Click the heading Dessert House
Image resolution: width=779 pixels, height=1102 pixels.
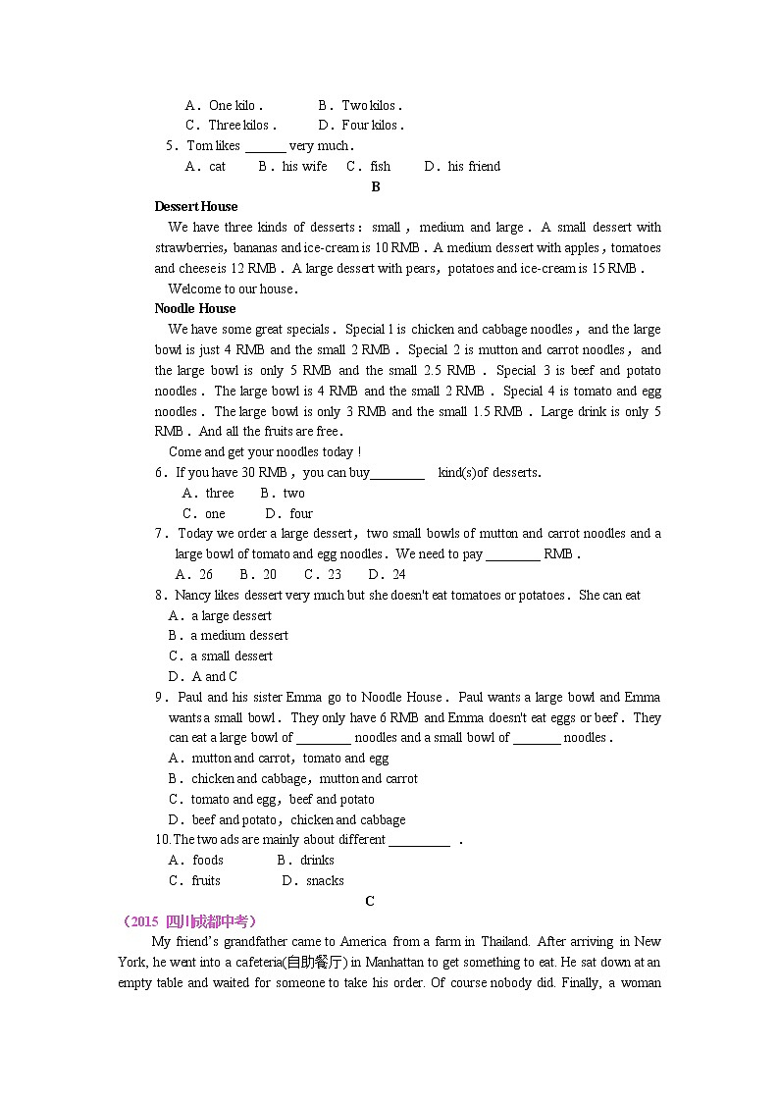[196, 206]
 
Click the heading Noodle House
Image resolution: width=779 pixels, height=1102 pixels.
[195, 308]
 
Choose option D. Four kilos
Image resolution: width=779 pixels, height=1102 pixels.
[361, 125]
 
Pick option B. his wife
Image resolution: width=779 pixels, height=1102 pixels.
[293, 166]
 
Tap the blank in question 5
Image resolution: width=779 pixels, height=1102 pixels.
[265, 146]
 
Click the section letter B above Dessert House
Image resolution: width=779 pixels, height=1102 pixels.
[376, 186]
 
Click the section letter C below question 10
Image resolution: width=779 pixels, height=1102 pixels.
[370, 901]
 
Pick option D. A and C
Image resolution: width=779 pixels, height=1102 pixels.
[203, 676]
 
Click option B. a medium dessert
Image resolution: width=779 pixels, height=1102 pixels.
[228, 635]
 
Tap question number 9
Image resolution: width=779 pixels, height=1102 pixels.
[160, 697]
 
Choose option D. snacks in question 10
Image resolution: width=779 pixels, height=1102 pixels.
[313, 880]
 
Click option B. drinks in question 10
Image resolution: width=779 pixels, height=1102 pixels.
[306, 860]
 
